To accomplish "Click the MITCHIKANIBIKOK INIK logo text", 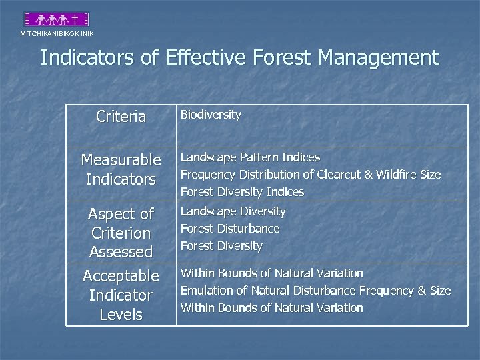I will pyautogui.click(x=57, y=33).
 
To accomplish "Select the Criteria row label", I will pyautogui.click(x=121, y=117).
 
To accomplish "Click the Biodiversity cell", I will pyautogui.click(x=211, y=115).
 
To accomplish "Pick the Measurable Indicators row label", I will pyautogui.click(x=121, y=169).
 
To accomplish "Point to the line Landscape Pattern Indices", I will pyautogui.click(x=250, y=157).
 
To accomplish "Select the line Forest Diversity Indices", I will pyautogui.click(x=242, y=192).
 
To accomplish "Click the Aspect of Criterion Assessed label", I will pyautogui.click(x=121, y=233).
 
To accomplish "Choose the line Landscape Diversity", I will pyautogui.click(x=233, y=211).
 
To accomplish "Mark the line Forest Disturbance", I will pyautogui.click(x=230, y=229).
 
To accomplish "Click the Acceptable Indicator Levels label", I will pyautogui.click(x=121, y=295).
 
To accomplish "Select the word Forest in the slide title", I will pyautogui.click(x=283, y=58).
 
